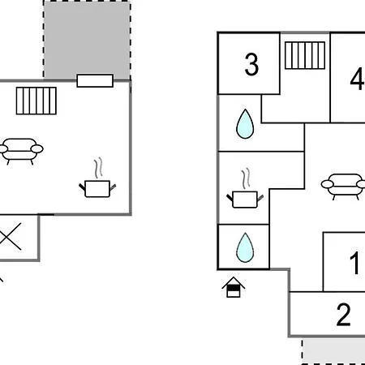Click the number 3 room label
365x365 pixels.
[251, 64]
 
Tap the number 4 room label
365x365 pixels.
[358, 79]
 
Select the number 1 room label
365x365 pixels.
[354, 263]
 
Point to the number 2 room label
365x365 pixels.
[343, 315]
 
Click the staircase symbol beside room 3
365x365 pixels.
[305, 55]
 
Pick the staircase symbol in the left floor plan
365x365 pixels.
[36, 101]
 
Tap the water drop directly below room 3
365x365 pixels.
[245, 124]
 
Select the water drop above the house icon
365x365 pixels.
[245, 247]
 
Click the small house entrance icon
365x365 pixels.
[234, 287]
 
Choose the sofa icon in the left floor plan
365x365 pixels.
[20, 151]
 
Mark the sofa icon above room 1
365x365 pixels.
[343, 187]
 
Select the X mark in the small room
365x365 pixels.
[11, 237]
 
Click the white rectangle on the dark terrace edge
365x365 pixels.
[95, 81]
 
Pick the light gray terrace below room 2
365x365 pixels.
[333, 351]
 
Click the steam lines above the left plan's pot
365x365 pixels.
[98, 168]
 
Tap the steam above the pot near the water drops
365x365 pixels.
[246, 178]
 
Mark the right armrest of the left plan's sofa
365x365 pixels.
[37, 148]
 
